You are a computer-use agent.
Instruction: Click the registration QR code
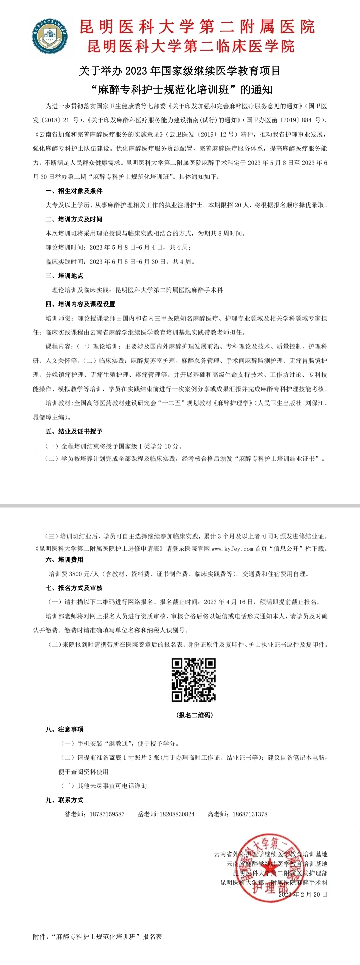[x=194, y=680]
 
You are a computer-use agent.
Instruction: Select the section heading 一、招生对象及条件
[x=74, y=191]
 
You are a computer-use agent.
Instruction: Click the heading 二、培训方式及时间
[x=74, y=219]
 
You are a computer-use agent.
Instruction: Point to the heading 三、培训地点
[x=64, y=276]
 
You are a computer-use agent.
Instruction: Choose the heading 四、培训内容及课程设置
[x=80, y=304]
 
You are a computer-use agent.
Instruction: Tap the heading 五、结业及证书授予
[x=74, y=432]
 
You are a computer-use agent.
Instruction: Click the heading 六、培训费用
[x=64, y=560]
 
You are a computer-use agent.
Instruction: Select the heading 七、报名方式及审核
[x=74, y=588]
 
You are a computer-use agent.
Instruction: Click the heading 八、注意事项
[x=64, y=729]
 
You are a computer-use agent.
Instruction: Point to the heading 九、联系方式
[x=64, y=800]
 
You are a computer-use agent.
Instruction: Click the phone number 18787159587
[x=107, y=814]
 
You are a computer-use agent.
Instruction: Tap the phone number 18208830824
[x=177, y=814]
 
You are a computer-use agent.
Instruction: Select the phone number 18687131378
[x=250, y=814]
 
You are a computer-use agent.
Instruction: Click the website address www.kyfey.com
[x=232, y=549]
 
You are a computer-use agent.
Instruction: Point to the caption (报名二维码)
[x=194, y=715]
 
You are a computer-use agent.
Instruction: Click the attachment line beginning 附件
[x=97, y=937]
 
